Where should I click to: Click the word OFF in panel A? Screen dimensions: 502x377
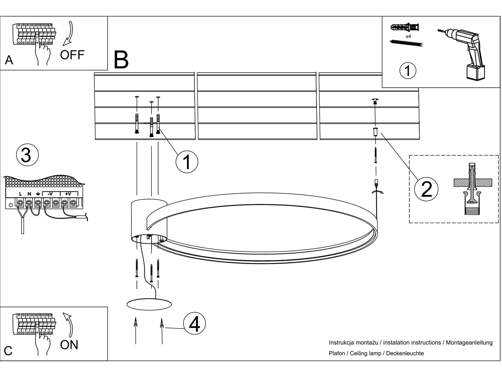(x=72, y=55)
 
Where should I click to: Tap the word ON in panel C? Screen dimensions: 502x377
(x=69, y=345)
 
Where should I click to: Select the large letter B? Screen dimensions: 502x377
(x=121, y=60)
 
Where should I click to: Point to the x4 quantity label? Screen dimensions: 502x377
(x=408, y=36)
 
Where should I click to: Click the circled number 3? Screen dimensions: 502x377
(x=27, y=155)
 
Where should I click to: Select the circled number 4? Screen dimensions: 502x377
(x=194, y=323)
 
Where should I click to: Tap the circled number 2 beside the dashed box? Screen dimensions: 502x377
(x=426, y=189)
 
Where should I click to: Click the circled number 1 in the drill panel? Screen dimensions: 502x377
(x=408, y=71)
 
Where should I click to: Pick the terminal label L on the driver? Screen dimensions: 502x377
(x=20, y=194)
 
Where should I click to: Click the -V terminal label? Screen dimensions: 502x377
(x=50, y=194)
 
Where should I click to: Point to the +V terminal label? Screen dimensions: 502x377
(x=68, y=194)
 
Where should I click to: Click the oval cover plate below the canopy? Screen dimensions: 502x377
(x=149, y=304)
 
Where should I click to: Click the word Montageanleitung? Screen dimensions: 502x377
(x=469, y=343)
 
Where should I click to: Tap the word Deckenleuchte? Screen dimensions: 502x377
(x=405, y=353)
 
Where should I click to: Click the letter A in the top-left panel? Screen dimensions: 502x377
(x=9, y=60)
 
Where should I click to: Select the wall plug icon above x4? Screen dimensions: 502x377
(x=405, y=27)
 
